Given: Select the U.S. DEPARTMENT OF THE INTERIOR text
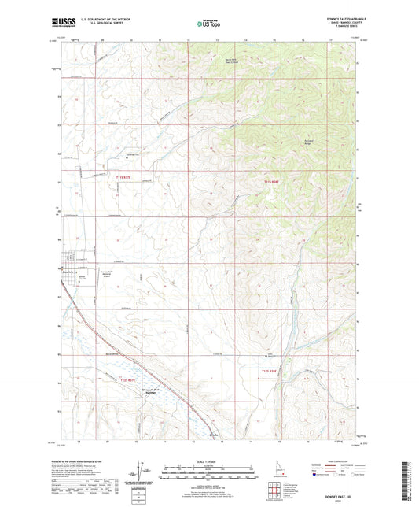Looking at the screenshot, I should tap(101, 17).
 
